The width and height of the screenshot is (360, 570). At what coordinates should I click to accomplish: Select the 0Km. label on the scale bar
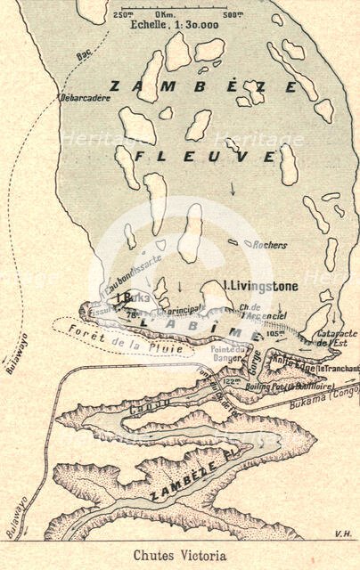164,15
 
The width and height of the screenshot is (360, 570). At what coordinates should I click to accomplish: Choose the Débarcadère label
84,98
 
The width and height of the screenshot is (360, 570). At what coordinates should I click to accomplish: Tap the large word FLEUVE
206,157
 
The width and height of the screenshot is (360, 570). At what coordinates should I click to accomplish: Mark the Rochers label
271,243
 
